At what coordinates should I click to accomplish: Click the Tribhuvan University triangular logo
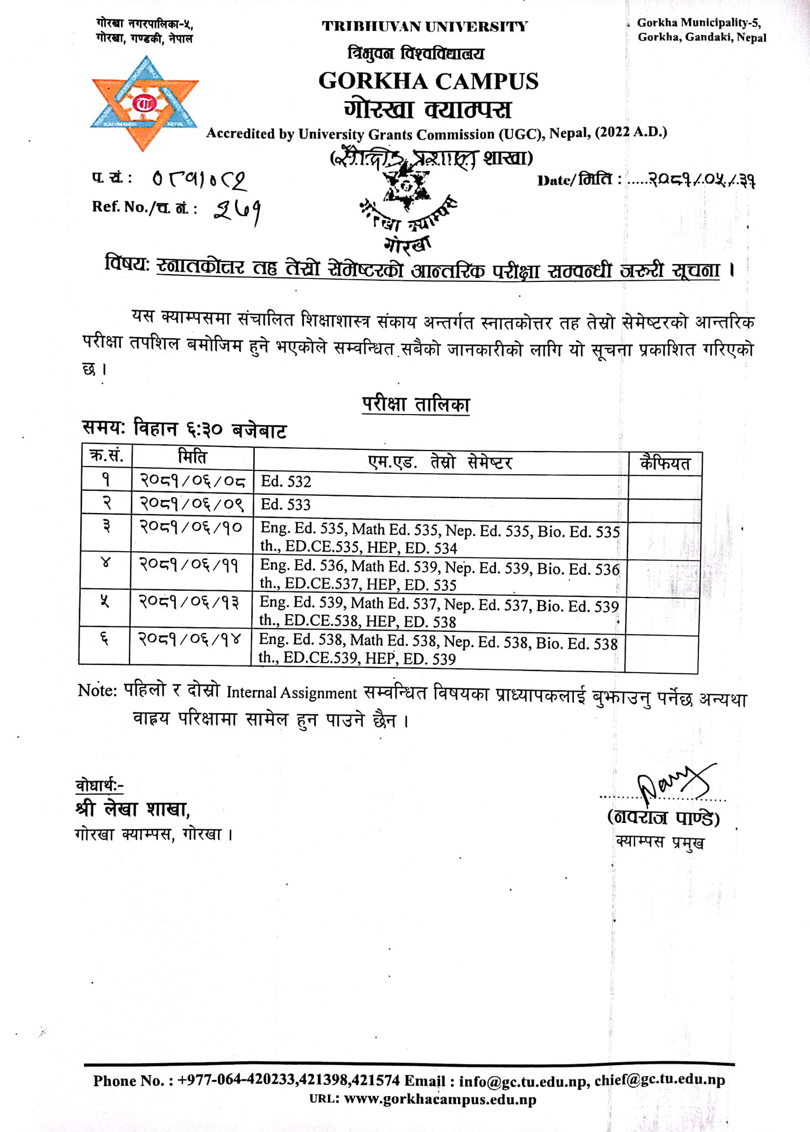click(144, 103)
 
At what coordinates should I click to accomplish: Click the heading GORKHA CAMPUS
click(428, 81)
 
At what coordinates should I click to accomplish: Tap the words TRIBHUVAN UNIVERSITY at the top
click(425, 27)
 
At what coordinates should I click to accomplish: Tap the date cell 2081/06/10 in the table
click(191, 528)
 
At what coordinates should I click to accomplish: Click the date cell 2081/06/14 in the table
click(190, 640)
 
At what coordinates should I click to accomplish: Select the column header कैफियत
click(665, 464)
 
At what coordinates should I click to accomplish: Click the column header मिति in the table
click(192, 458)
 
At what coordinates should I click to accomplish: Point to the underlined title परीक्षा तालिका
click(416, 405)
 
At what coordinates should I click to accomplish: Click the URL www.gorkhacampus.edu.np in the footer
click(440, 1099)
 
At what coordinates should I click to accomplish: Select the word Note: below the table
click(97, 690)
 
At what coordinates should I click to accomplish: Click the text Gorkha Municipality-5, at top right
click(699, 23)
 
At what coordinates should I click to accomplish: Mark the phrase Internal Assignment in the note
click(291, 693)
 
